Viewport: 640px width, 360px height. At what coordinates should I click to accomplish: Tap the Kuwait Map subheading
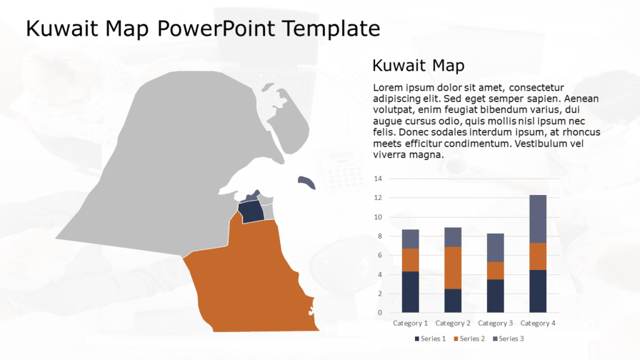418,66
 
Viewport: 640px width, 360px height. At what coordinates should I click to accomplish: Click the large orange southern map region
250,281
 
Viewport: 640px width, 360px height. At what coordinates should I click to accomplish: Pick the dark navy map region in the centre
252,212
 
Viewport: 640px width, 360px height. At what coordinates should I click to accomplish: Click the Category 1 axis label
411,323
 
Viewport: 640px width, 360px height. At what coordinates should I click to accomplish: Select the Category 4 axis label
538,323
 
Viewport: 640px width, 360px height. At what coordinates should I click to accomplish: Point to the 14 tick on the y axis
377,179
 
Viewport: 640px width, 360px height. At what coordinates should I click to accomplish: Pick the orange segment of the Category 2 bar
453,267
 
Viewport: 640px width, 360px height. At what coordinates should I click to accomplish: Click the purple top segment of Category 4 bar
538,219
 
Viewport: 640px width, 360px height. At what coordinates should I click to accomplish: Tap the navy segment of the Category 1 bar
411,292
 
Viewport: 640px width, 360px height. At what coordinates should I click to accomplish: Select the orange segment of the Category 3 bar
496,271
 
